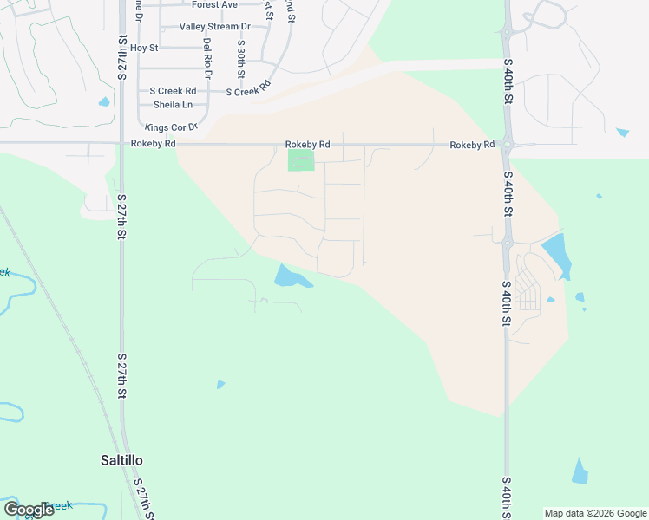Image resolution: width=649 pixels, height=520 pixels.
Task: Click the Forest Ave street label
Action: point(214,5)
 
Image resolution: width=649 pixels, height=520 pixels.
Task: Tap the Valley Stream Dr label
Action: point(214,27)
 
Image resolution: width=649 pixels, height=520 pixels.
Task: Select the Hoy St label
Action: point(144,48)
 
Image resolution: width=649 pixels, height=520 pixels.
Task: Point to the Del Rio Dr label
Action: point(207,55)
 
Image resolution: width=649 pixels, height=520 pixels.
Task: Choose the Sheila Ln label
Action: point(173,105)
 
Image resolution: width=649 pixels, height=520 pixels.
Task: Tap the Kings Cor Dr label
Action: point(172,127)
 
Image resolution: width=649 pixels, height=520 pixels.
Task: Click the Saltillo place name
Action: point(121,460)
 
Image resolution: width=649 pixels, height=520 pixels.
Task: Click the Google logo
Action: point(29,510)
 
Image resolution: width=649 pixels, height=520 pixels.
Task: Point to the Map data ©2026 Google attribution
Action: point(595,513)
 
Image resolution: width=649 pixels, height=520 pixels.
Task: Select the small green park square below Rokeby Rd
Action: point(300,160)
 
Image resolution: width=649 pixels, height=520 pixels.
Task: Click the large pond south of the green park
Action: point(290,277)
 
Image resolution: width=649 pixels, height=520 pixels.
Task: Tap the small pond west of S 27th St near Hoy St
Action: point(104,101)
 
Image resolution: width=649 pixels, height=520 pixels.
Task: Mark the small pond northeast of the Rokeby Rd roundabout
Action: point(622,133)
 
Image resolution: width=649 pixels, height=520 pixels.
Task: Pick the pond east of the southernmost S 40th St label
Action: point(580,471)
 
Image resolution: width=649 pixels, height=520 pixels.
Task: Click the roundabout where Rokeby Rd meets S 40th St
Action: point(508,144)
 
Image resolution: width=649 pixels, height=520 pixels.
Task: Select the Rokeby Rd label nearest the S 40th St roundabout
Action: point(472,145)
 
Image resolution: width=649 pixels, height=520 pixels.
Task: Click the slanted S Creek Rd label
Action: point(249,89)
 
